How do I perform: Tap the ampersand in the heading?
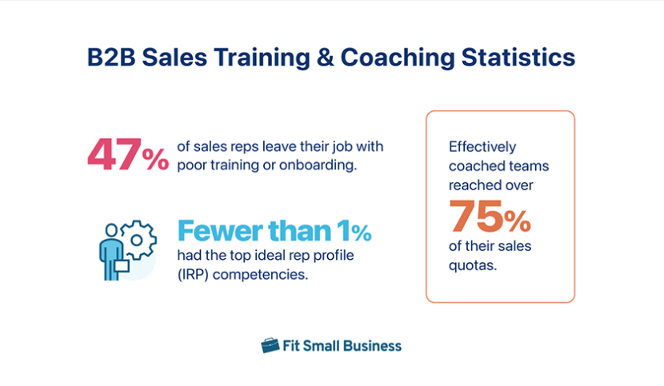pyautogui.click(x=326, y=59)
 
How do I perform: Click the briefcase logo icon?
pyautogui.click(x=271, y=345)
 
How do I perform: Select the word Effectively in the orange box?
pyautogui.click(x=482, y=147)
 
